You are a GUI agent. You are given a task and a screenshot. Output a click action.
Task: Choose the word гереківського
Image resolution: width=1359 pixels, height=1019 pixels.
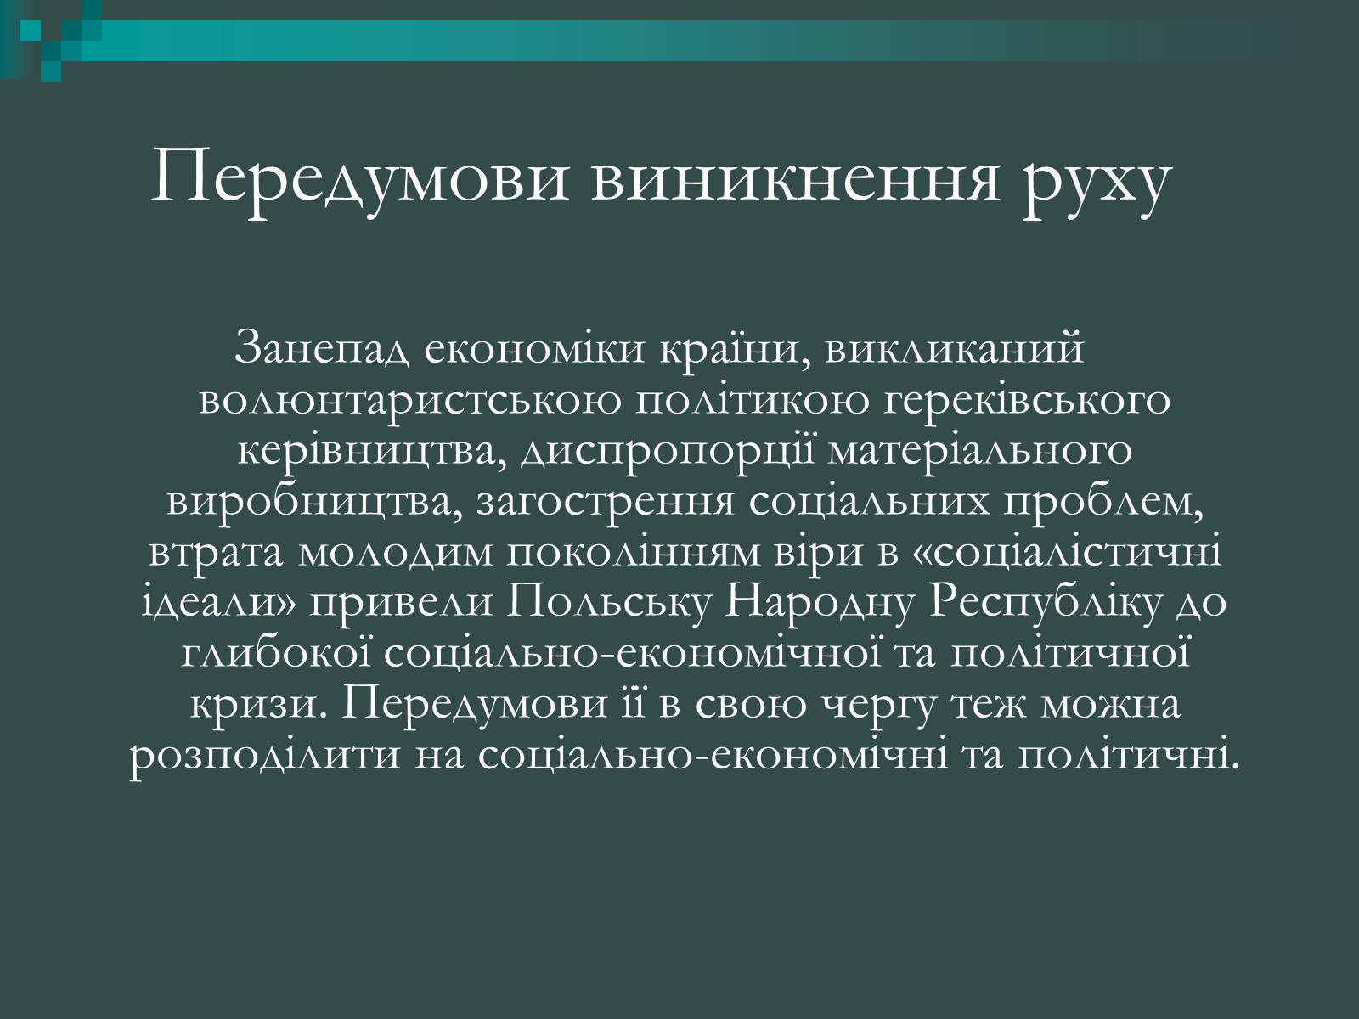1027,403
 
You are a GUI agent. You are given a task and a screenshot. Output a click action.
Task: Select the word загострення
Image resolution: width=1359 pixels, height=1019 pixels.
605,504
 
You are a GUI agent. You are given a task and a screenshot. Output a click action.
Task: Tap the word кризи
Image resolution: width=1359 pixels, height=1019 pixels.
259,707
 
